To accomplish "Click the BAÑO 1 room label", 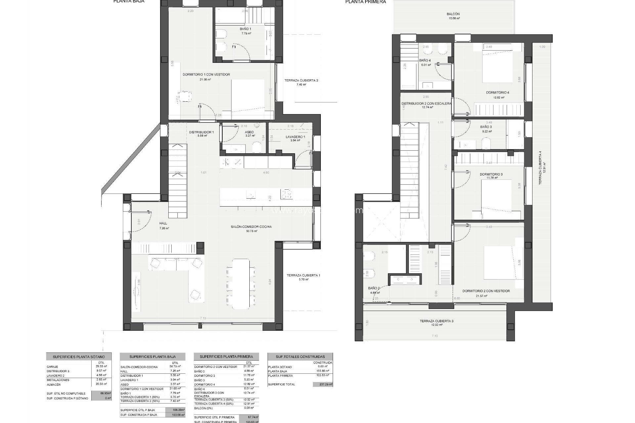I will coord(245,29).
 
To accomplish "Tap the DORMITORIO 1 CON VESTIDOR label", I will coord(206,75).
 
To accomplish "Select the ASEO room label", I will coord(249,132).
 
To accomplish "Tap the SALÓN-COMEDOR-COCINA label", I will coord(251,227).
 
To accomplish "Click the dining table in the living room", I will coord(241,284).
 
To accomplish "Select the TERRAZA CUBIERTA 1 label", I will coord(303,275).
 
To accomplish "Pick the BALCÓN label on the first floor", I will coord(453,14).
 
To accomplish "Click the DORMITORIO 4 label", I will coord(497,93).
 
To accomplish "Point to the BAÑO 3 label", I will coord(486,127).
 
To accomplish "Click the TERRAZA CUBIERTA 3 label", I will coord(437,321).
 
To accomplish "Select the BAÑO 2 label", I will coord(374,288).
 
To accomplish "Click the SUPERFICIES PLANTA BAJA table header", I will coord(152,357).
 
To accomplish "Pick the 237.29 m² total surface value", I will coord(322,384).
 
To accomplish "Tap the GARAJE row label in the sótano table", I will coord(53,367).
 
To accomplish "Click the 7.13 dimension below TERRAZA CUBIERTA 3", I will coord(435,336).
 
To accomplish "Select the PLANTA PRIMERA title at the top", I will coord(365,2).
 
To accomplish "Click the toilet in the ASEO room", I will coord(257,147).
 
